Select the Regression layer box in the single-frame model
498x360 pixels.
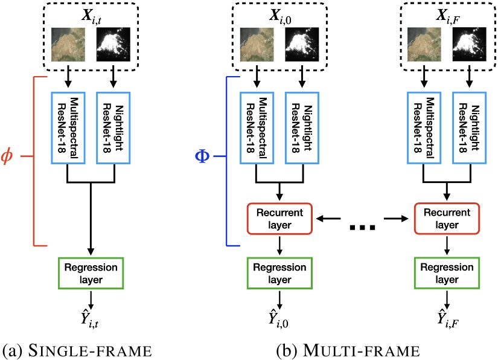point(91,273)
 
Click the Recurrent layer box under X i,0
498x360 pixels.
point(279,219)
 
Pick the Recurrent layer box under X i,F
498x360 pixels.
point(447,219)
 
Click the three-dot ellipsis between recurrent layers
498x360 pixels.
point(363,227)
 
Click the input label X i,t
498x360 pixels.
point(91,11)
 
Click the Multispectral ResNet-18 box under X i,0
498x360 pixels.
point(256,128)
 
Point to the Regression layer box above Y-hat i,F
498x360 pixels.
point(447,273)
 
